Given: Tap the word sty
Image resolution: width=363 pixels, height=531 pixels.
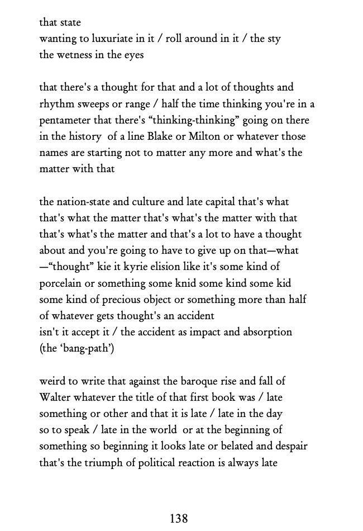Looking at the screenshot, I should point(273,39).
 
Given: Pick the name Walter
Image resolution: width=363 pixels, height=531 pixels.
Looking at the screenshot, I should point(55,397).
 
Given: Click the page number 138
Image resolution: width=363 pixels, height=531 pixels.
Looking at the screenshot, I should point(179,518).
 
